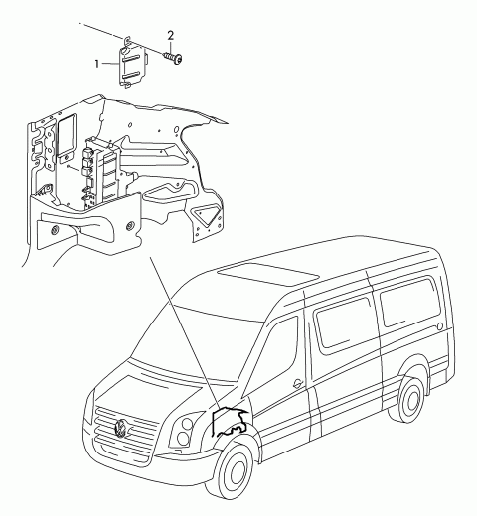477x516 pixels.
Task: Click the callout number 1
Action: (97, 64)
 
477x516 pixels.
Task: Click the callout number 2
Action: (171, 35)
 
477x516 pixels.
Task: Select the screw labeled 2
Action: (174, 58)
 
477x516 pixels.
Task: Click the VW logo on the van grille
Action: (121, 428)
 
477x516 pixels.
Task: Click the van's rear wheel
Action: (411, 400)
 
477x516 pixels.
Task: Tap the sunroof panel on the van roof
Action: (267, 275)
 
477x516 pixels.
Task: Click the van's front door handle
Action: (297, 382)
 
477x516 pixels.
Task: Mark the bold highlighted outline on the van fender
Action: (230, 424)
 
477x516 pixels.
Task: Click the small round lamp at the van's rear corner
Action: (439, 326)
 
